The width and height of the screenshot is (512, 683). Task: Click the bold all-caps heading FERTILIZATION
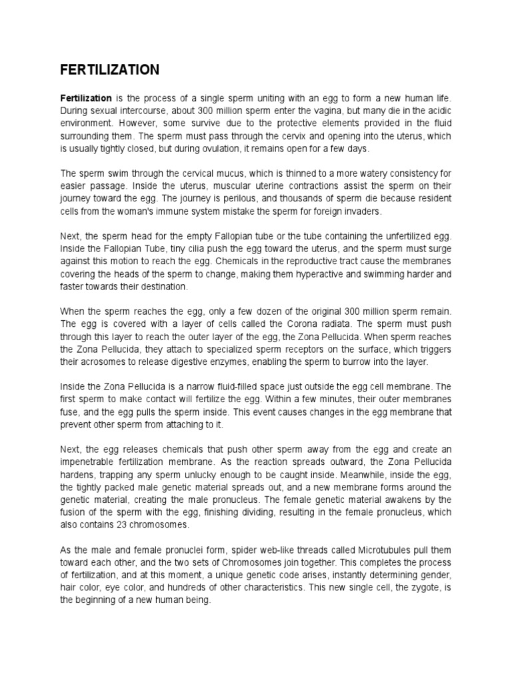click(x=110, y=69)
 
